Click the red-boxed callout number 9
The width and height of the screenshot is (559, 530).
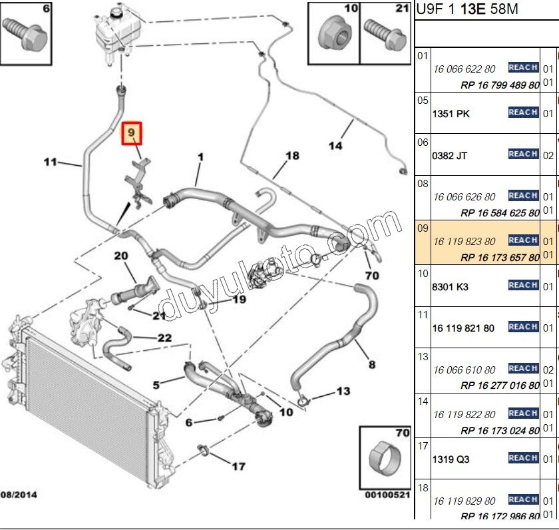coord(132,134)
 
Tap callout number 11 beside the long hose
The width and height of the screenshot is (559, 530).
coord(51,162)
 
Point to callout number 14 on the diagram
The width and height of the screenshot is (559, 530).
coord(335,145)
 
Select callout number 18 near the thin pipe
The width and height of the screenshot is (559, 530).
coord(293,156)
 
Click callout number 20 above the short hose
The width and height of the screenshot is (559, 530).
coord(120,256)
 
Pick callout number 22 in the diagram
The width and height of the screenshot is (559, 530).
coord(164,338)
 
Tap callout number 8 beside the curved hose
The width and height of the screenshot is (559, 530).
coord(371,364)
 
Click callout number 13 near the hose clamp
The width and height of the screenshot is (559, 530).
coord(343,392)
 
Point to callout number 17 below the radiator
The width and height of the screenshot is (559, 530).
coord(238,466)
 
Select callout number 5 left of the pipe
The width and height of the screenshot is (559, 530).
coord(156,385)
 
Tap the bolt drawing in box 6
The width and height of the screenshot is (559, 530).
coord(25,33)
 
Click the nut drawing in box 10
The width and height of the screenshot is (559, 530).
coord(332,34)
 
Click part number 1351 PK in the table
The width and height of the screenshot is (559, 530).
coord(451,114)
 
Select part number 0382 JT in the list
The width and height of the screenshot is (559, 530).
coord(450,156)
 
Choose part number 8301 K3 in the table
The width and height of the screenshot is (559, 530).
coord(451,287)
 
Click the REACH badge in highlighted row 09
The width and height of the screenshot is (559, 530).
coord(523,240)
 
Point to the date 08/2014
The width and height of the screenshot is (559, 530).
coord(19,495)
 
